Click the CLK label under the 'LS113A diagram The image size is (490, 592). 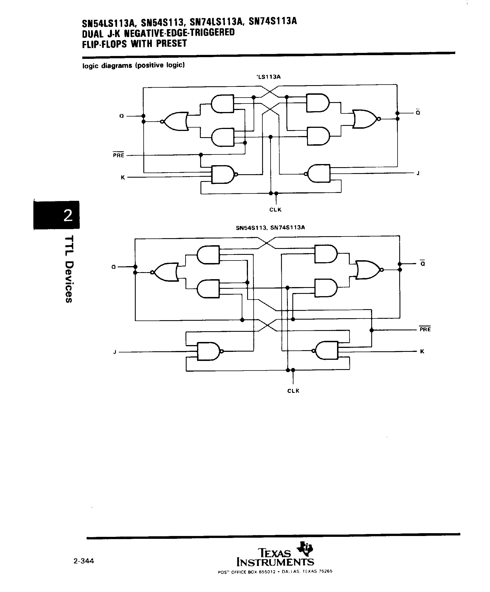pos(275,210)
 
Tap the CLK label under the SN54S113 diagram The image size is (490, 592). pos(293,391)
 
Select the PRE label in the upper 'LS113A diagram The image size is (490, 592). pos(118,155)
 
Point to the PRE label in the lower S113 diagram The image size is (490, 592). pos(425,330)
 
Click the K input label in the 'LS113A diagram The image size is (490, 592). pos(123,178)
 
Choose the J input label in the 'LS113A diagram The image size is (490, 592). pos(418,173)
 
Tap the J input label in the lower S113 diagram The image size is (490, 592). pos(115,352)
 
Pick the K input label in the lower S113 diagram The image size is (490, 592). pos(422,352)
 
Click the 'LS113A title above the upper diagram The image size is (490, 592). pos(268,77)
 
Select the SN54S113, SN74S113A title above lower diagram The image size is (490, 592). pos(270,227)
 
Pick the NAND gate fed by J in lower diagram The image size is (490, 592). pos(209,351)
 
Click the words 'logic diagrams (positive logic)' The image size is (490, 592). pos(133,66)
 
